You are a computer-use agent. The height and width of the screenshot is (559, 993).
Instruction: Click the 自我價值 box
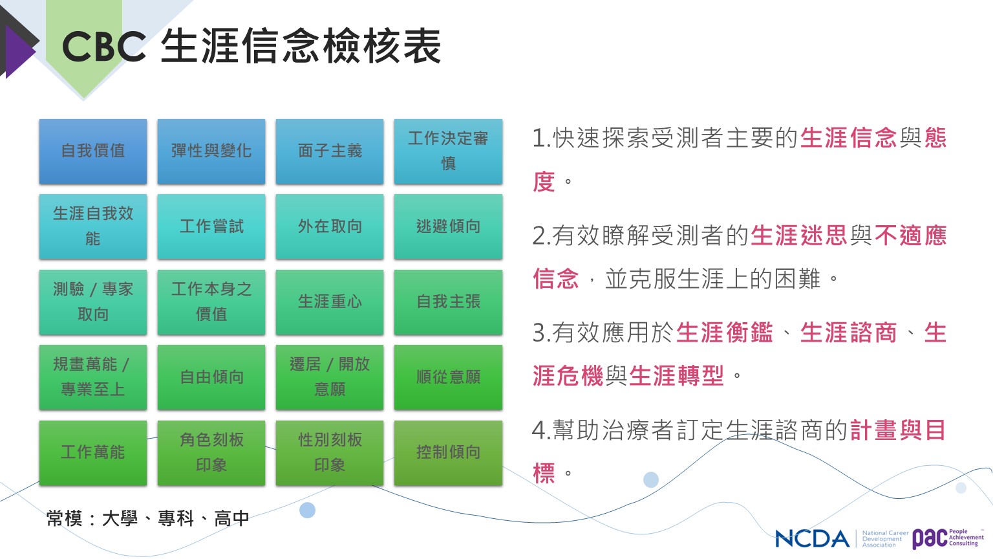pos(93,151)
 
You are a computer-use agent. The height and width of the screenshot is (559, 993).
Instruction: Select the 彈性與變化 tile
pos(211,151)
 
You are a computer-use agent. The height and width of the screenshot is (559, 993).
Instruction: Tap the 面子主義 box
pos(330,151)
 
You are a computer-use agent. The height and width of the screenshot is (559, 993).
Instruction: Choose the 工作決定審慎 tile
pos(448,151)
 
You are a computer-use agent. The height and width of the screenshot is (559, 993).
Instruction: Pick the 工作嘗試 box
pos(211,226)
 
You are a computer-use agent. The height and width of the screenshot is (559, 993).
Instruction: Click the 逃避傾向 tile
pos(448,226)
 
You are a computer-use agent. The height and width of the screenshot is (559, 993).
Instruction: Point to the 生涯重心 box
pos(330,302)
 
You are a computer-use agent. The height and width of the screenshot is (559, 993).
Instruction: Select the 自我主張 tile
pos(448,302)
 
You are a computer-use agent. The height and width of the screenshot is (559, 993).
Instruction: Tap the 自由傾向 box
pos(211,378)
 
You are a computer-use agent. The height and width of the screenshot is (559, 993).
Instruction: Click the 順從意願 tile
pos(448,378)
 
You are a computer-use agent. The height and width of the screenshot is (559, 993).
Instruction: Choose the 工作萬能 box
pos(93,453)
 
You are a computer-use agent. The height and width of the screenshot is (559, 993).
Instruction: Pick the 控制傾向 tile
pos(448,453)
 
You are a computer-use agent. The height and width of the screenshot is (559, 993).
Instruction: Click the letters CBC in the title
pos(104,47)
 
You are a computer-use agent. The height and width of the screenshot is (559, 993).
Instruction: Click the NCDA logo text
pos(812,538)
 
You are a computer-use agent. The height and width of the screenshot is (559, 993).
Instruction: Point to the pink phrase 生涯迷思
pos(799,235)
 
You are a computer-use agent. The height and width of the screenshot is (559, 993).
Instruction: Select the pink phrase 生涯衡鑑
pos(724,333)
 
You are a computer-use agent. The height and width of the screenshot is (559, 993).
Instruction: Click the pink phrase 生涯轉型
pos(676,376)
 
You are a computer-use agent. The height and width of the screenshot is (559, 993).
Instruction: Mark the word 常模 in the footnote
pos(64,518)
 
